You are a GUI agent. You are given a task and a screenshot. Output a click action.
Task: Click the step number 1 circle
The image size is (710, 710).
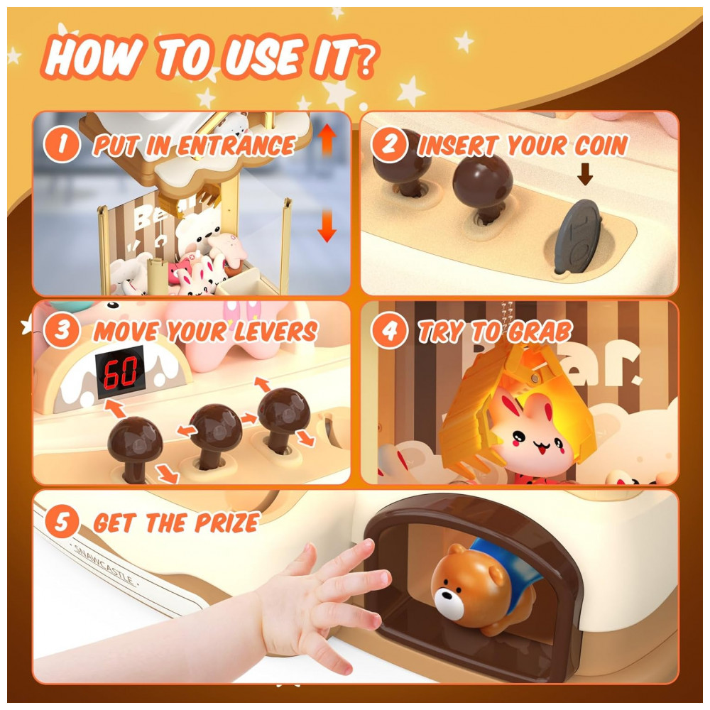[x=62, y=144]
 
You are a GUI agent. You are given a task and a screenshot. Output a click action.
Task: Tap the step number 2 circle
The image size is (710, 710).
[x=389, y=144]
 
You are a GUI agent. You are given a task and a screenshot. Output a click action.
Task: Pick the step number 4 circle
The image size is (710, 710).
[x=389, y=330]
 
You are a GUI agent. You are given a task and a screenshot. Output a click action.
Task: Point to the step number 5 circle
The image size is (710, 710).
[x=62, y=522]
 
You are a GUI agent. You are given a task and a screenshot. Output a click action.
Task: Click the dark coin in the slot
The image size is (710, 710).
[x=578, y=237]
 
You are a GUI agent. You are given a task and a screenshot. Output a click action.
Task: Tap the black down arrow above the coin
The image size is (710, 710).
[x=585, y=175]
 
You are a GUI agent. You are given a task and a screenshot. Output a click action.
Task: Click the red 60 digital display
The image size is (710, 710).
[x=120, y=372]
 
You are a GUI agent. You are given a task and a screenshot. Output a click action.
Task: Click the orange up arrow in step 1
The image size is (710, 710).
[x=327, y=140]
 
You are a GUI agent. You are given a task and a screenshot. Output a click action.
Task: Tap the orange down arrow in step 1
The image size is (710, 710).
[x=327, y=226]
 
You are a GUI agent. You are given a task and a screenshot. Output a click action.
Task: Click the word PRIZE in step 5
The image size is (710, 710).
[x=227, y=523]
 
